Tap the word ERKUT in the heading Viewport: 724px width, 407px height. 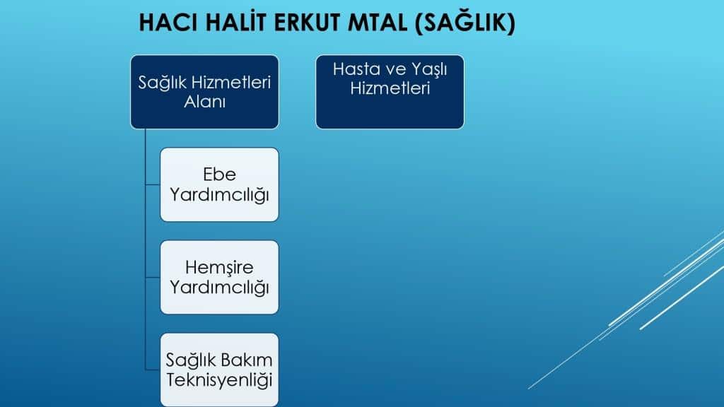[307, 23]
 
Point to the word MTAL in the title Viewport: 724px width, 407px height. [378, 23]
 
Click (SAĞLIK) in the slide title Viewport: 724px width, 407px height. [465, 22]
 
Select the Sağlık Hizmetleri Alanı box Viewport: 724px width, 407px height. [204, 92]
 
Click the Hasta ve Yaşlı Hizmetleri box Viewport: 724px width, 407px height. [390, 92]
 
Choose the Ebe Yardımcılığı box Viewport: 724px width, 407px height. [219, 184]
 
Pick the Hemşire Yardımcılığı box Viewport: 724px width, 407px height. [219, 277]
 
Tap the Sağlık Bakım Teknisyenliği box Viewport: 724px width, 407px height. [219, 370]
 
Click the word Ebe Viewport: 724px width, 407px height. [219, 175]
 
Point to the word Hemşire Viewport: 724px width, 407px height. [219, 268]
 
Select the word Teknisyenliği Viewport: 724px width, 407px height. [219, 380]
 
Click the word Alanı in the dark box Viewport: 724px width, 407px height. [204, 102]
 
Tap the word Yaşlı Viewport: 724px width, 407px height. [429, 70]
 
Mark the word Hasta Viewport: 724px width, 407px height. [356, 69]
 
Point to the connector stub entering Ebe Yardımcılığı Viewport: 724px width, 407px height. [153, 184]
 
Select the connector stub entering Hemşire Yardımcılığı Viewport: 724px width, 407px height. [153, 277]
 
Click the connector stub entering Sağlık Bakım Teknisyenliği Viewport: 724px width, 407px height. [153, 370]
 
